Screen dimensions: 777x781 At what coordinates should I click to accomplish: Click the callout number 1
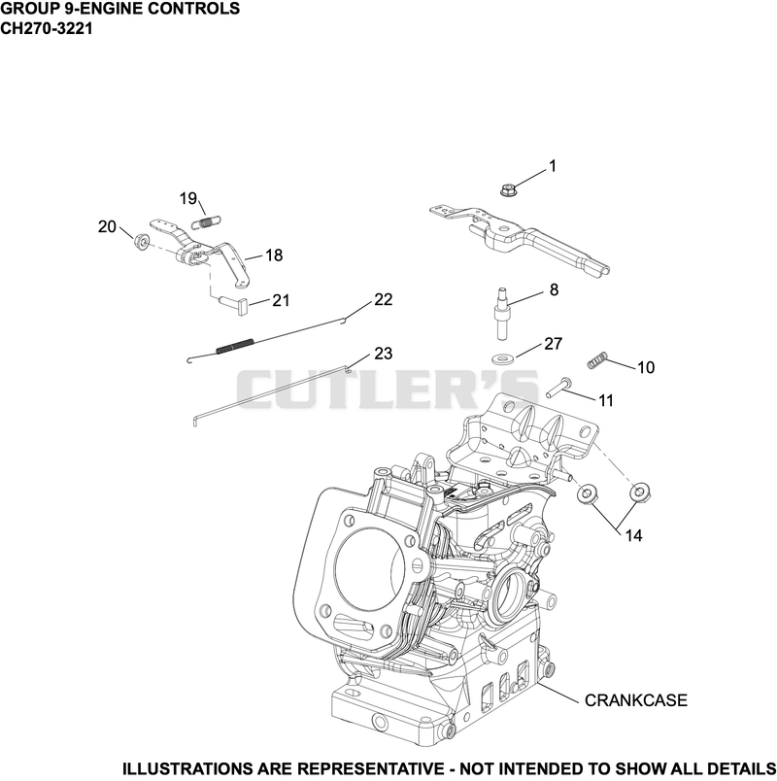coord(552,166)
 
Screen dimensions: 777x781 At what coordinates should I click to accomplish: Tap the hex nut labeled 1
coord(508,190)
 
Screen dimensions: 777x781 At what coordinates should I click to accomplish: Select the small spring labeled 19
coord(206,221)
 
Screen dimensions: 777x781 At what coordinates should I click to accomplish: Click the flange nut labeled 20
coord(142,242)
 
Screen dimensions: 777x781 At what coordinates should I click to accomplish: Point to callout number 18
coord(274,255)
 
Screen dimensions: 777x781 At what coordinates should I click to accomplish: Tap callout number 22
coord(383,299)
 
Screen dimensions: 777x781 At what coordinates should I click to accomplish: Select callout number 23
coord(383,354)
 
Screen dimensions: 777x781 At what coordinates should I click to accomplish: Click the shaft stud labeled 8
coord(502,314)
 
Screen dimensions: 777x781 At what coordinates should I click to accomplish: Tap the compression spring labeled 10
coord(596,360)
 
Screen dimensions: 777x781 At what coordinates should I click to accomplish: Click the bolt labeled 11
coord(558,388)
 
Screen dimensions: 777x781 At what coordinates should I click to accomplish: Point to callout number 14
coord(633,535)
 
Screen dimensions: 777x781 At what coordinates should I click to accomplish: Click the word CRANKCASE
coord(635,700)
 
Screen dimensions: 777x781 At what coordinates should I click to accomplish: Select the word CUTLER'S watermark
coord(388,389)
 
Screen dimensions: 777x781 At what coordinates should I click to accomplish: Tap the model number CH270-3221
coord(47,28)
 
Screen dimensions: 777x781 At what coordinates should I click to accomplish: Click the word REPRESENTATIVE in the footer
coord(373,768)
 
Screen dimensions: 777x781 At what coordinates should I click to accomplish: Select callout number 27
coord(553,344)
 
